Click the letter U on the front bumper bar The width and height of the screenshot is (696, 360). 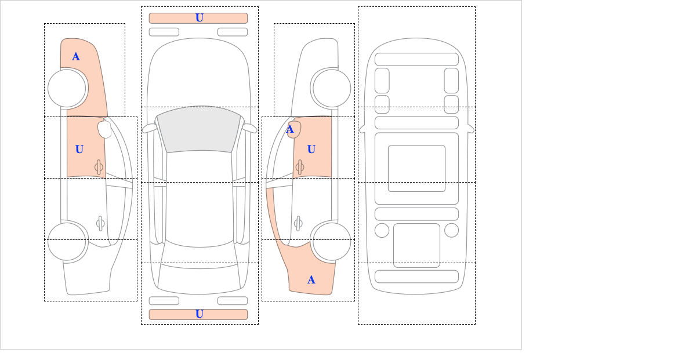coord(200,18)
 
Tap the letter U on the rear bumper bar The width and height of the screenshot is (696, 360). coord(200,314)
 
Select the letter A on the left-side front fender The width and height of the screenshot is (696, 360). coord(76,57)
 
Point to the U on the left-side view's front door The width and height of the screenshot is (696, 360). coord(79,150)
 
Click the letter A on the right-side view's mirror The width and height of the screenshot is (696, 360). coord(290,129)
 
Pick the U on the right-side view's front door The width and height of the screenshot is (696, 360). coord(311,150)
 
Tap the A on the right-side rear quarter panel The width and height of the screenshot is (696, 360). coord(311,280)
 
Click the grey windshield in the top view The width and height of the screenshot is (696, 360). coord(199,129)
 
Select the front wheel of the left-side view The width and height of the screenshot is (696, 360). coord(67,89)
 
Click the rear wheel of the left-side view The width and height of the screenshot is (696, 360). coord(67,241)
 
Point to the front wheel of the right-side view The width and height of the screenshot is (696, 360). coord(332,89)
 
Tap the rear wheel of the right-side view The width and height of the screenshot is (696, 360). coord(332,241)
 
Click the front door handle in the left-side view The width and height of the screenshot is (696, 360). coord(99,168)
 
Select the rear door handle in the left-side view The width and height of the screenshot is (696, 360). coord(100,223)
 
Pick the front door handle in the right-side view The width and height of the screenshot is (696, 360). coord(300,168)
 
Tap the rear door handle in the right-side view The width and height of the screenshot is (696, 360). coord(298,223)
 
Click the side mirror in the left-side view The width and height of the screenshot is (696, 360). coord(105,129)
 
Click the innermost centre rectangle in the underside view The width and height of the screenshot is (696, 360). coord(416,168)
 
